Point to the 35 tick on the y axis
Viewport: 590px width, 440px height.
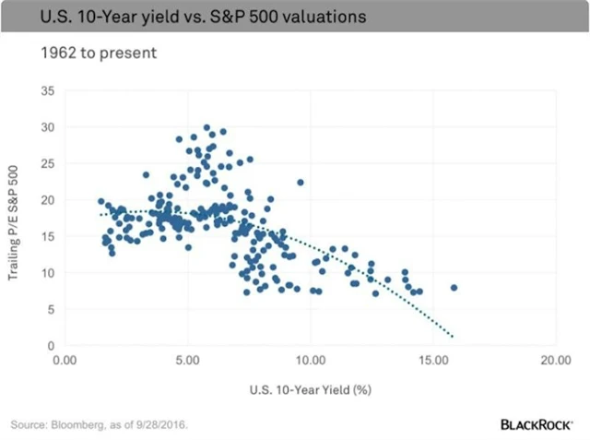point(48,91)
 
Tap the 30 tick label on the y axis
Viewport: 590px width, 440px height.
point(48,128)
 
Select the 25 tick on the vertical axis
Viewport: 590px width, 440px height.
point(48,164)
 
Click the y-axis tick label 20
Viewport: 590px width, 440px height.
point(48,200)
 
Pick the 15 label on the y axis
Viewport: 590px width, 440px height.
point(48,236)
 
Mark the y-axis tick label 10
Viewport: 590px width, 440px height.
point(48,273)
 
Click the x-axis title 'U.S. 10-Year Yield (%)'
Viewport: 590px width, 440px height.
point(310,389)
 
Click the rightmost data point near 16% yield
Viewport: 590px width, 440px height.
point(454,288)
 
